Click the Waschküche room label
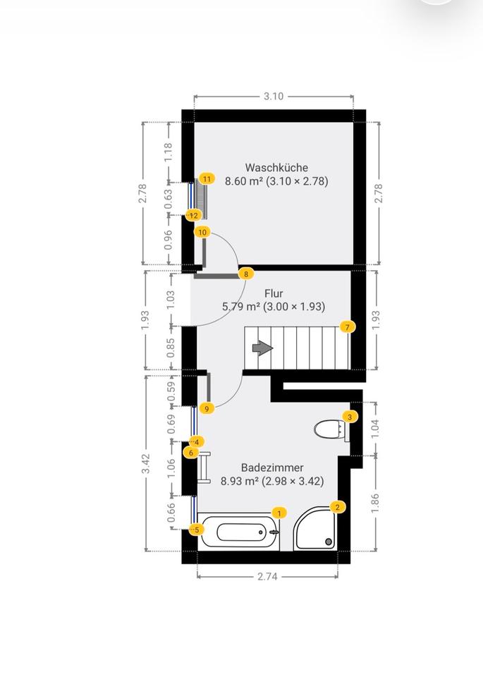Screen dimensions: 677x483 276,168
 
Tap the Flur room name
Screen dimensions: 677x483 274,293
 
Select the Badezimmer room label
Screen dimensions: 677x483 272,468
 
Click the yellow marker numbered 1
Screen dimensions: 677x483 280,513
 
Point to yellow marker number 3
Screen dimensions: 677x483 349,417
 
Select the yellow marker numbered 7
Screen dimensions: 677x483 347,327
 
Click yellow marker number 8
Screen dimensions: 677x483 245,274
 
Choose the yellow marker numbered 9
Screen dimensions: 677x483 207,408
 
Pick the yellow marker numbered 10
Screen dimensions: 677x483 203,232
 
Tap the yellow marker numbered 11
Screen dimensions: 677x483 207,179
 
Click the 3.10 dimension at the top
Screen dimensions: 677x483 274,97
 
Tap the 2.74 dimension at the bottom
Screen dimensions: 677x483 267,576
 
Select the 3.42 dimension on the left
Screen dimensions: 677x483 145,463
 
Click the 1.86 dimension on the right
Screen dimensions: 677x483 375,502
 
